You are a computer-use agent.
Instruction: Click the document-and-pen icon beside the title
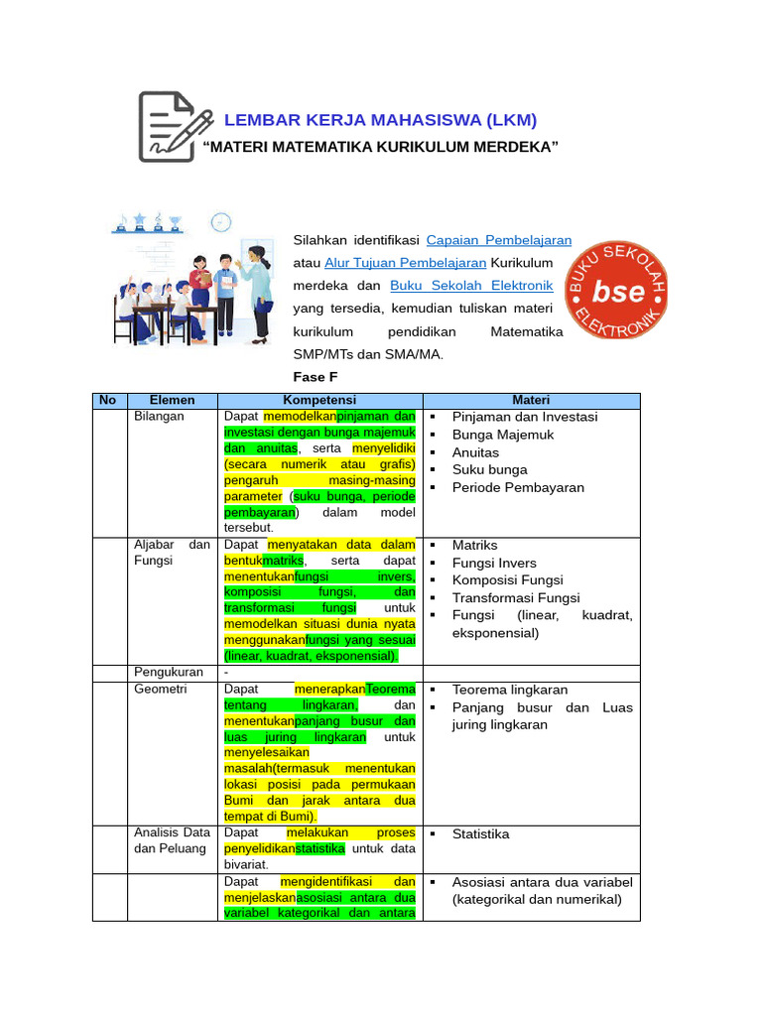click(x=175, y=126)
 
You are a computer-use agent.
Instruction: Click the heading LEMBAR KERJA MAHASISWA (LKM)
click(x=380, y=121)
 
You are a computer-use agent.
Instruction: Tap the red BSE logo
click(x=616, y=289)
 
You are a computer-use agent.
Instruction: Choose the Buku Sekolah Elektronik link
click(x=471, y=285)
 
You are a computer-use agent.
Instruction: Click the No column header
click(x=108, y=400)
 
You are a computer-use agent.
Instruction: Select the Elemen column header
click(x=172, y=400)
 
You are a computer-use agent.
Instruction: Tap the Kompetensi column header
click(x=318, y=400)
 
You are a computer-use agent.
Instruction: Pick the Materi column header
click(x=531, y=400)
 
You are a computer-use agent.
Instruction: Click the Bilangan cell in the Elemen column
click(x=159, y=417)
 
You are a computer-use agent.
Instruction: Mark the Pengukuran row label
click(x=167, y=672)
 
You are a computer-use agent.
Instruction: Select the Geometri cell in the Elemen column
click(x=160, y=689)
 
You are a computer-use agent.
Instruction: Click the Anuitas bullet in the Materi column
click(x=475, y=452)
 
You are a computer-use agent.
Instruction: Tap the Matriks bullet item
click(x=474, y=546)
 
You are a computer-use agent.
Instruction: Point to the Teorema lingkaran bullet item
click(x=511, y=690)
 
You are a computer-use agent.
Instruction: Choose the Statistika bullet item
click(x=480, y=834)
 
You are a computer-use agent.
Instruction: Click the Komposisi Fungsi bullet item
click(x=507, y=580)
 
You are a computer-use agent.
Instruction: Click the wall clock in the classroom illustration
click(x=221, y=222)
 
